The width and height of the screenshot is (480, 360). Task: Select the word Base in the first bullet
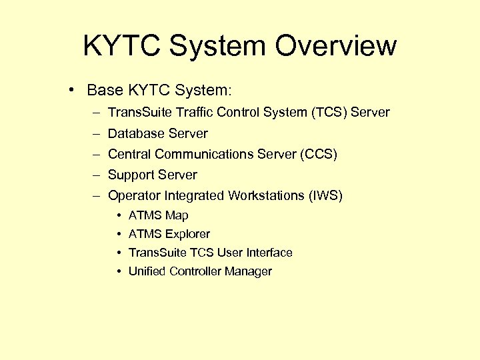pos(101,89)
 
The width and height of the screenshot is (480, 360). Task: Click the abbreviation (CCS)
pos(319,155)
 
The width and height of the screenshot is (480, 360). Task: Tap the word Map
pos(177,215)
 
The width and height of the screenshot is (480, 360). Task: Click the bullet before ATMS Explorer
pos(118,234)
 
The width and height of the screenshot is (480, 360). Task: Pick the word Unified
pos(147,271)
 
